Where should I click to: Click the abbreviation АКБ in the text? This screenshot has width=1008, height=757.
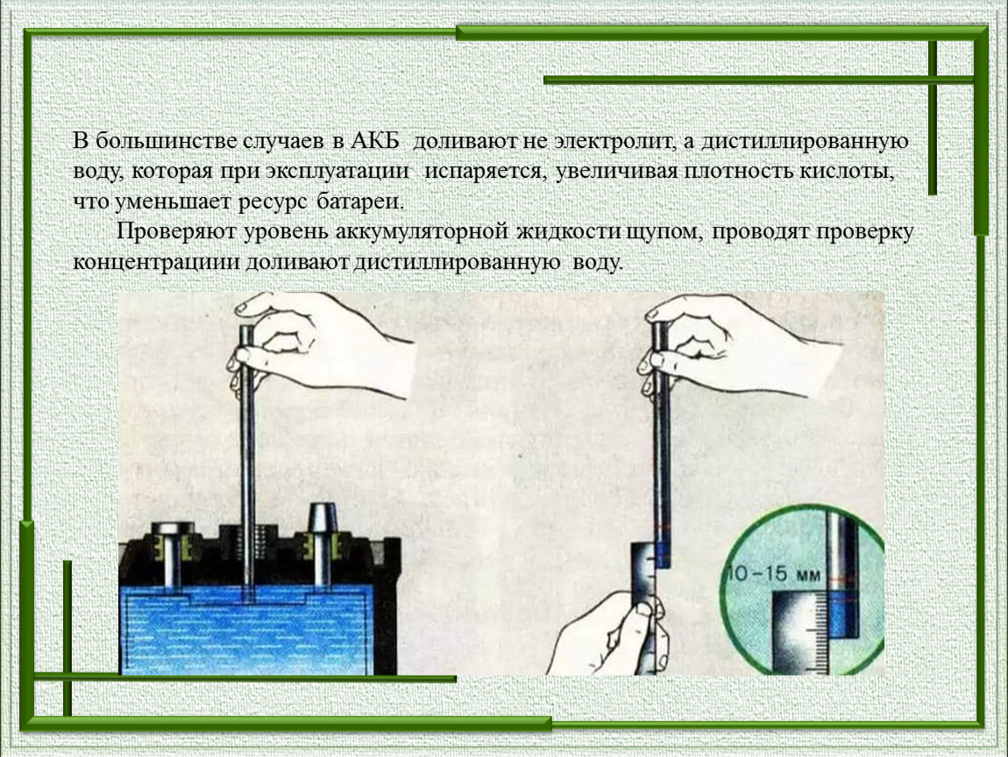coord(374,141)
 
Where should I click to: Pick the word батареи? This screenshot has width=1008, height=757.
coord(360,202)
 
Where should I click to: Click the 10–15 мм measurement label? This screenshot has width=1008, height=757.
coord(773,573)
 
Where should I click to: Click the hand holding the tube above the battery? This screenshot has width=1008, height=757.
coord(322,346)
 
